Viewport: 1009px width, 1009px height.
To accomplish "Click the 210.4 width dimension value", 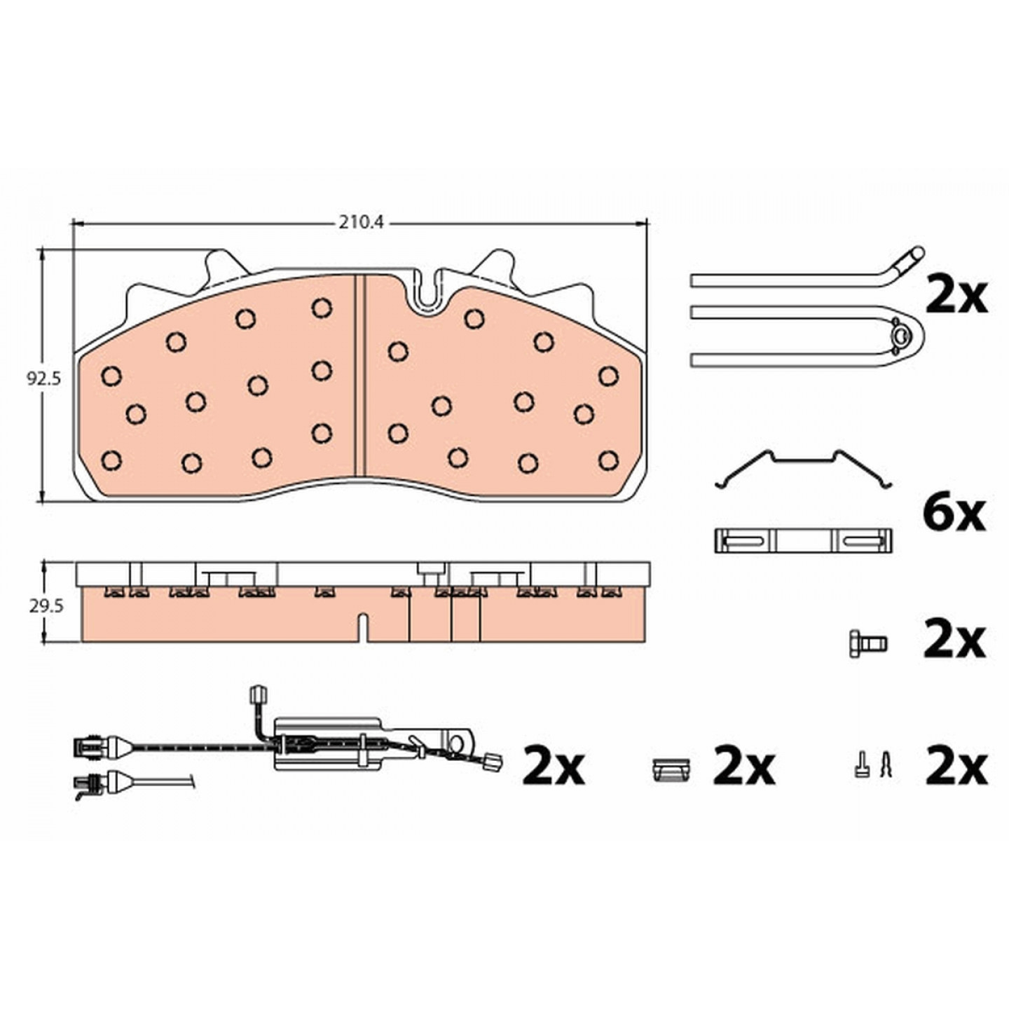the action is pyautogui.click(x=361, y=223).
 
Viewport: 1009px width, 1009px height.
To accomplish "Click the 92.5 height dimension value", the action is pyautogui.click(x=44, y=379).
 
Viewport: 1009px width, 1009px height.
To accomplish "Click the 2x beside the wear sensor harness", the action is pyautogui.click(x=553, y=768).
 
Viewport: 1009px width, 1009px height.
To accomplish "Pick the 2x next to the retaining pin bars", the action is pyautogui.click(x=956, y=295).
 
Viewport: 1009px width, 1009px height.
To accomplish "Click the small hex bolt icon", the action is pyautogui.click(x=867, y=643).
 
